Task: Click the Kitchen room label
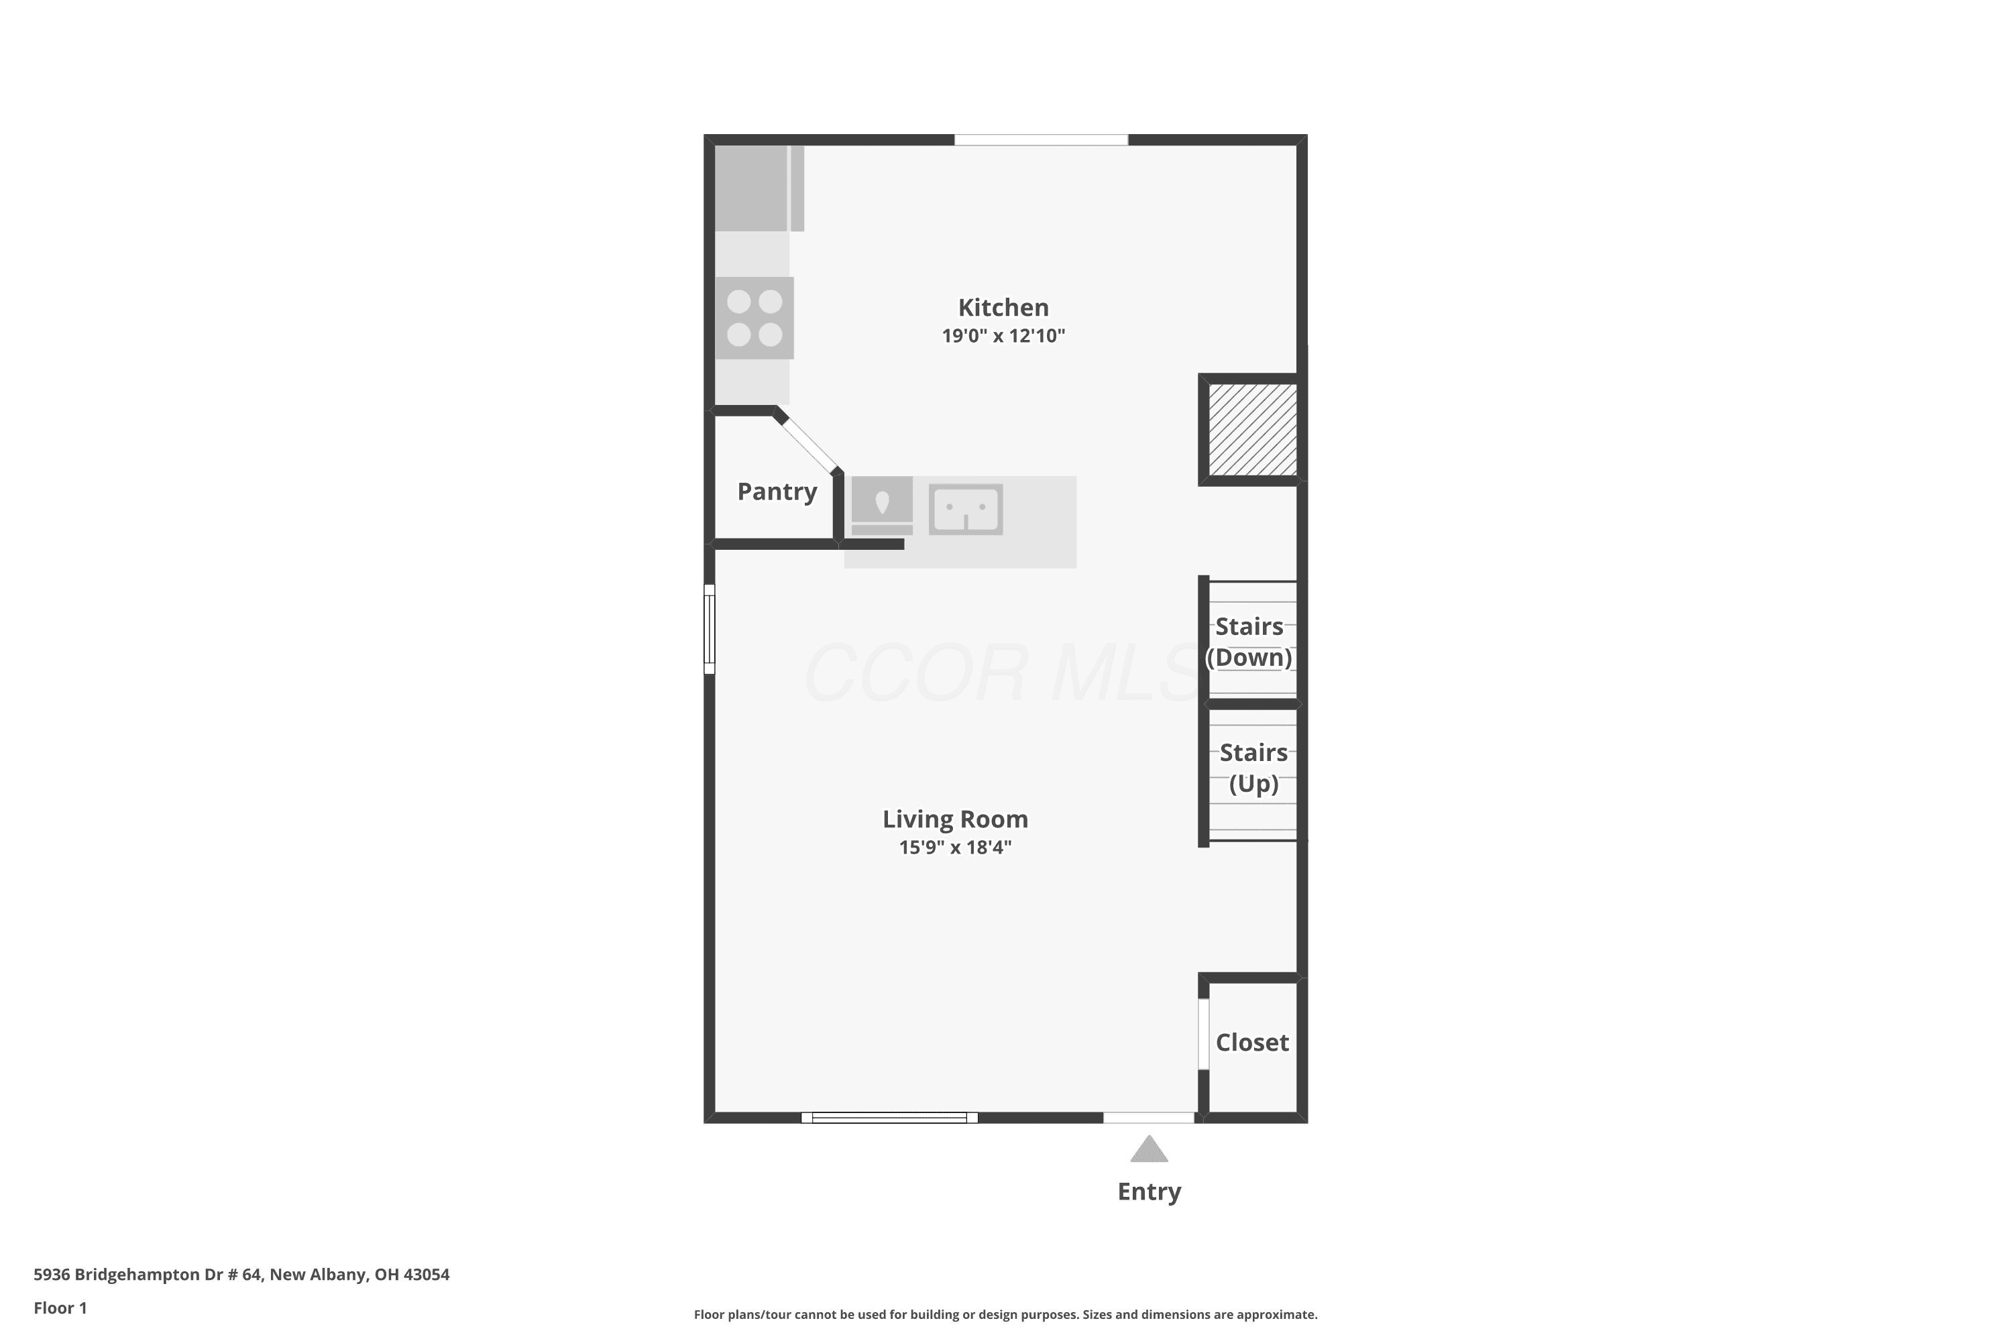(1003, 307)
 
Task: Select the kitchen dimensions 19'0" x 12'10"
(1003, 335)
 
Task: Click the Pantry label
(777, 491)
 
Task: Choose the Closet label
(1251, 1042)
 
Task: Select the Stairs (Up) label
(1253, 768)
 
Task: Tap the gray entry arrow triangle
(1149, 1149)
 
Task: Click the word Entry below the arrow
(1149, 1191)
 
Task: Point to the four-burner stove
(754, 317)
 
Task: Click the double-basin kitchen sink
(965, 509)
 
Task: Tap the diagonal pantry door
(808, 442)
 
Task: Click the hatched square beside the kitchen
(1252, 429)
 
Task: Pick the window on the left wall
(709, 629)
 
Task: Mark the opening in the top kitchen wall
(1041, 139)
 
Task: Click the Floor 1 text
(60, 1307)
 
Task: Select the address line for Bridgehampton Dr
(241, 1275)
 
